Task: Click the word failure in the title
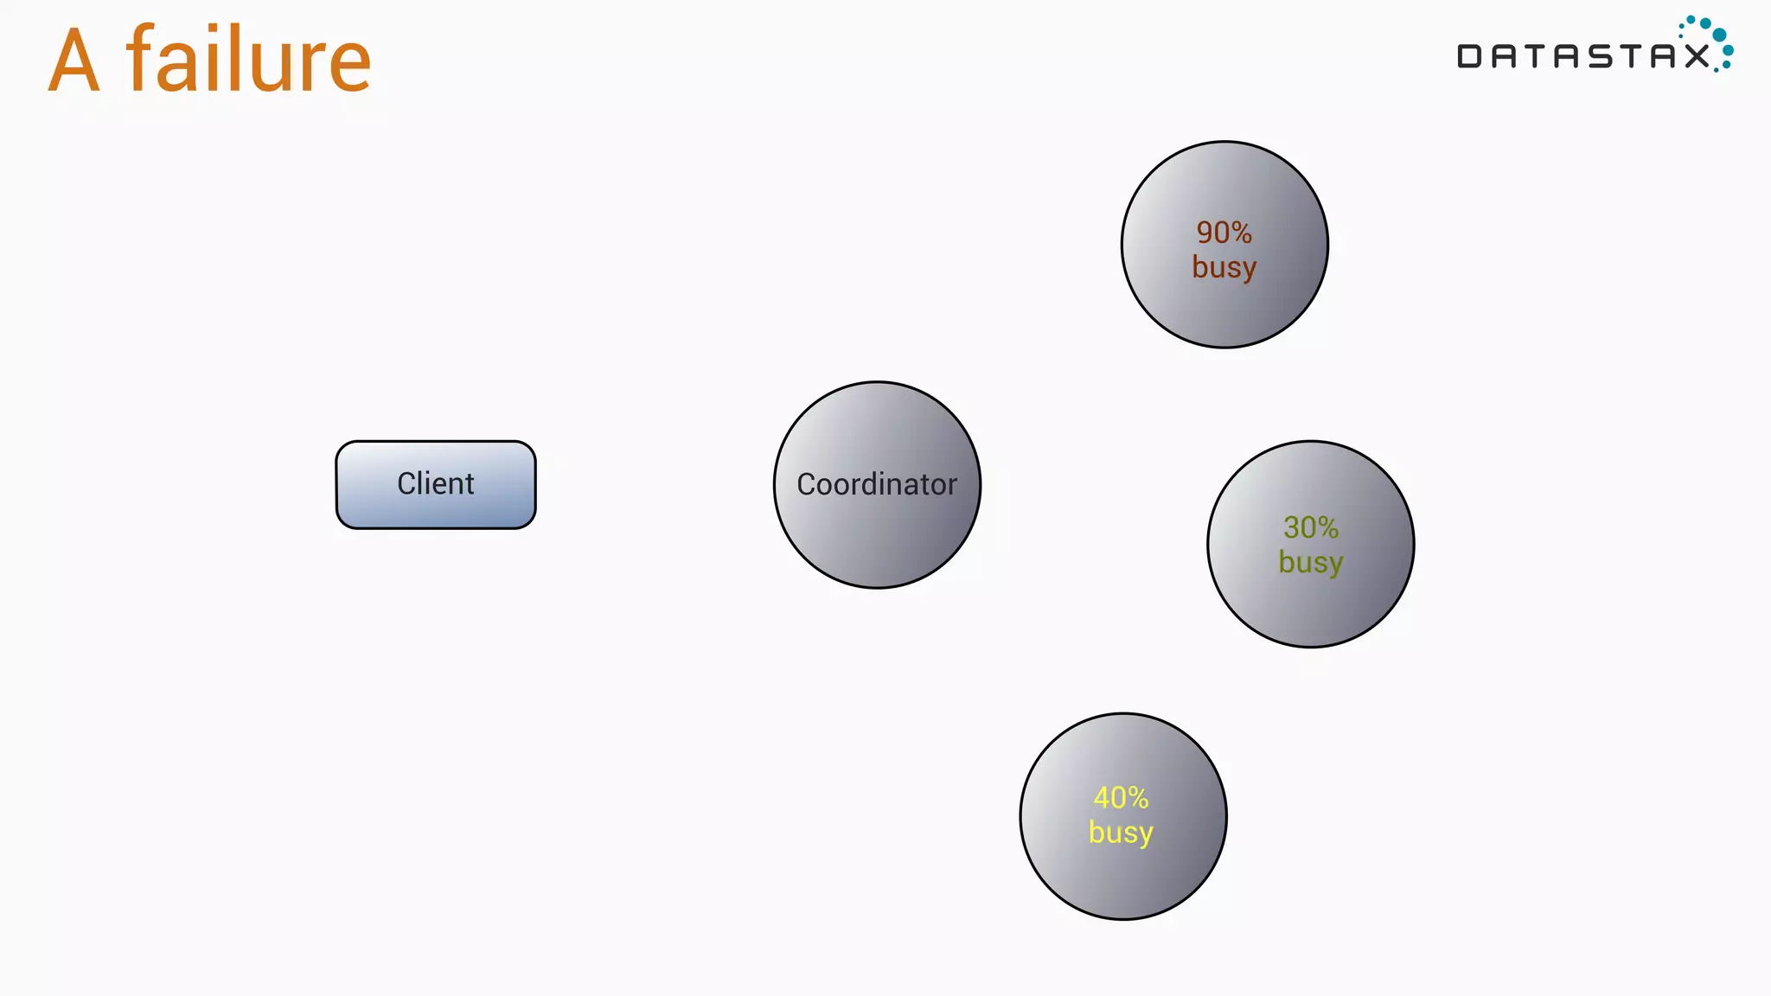pyautogui.click(x=249, y=61)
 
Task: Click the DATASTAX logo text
pyautogui.click(x=1582, y=56)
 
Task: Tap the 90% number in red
pyautogui.click(x=1224, y=232)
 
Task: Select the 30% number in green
pyautogui.click(x=1311, y=527)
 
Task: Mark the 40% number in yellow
pyautogui.click(x=1122, y=797)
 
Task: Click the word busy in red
pyautogui.click(x=1224, y=268)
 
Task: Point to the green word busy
pyautogui.click(x=1311, y=563)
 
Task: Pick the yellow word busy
pyautogui.click(x=1122, y=833)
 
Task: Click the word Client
pyautogui.click(x=436, y=483)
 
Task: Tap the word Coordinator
pyautogui.click(x=877, y=484)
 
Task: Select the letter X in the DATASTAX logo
pyautogui.click(x=1697, y=56)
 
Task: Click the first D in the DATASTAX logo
pyautogui.click(x=1469, y=56)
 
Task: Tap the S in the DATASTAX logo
pyautogui.click(x=1601, y=56)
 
